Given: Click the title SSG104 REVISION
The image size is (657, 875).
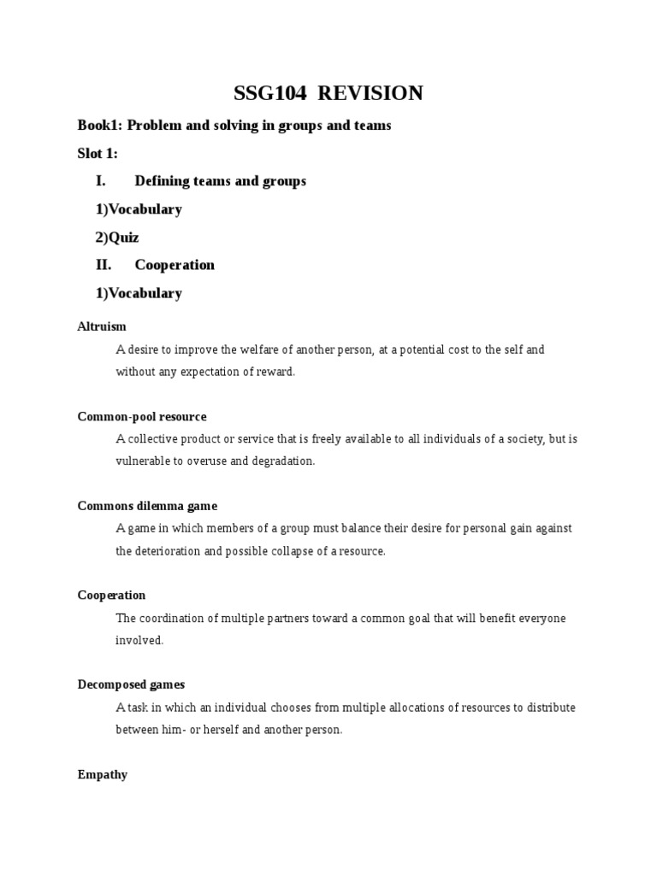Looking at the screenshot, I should (328, 93).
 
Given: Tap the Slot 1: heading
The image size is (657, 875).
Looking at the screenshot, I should (98, 154).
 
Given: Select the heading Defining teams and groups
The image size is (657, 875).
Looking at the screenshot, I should (220, 181).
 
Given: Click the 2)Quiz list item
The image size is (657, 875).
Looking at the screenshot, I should (116, 237).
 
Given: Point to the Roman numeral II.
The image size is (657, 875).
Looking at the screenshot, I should (104, 265).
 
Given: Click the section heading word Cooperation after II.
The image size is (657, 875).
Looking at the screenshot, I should (175, 265).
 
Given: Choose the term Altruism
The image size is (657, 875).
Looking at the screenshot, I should (102, 326).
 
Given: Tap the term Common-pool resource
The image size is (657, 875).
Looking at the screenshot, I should (142, 416).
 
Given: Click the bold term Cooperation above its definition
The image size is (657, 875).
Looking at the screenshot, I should (111, 596).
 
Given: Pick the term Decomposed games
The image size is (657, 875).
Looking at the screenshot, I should (131, 684).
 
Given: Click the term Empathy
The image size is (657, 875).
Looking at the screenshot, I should (103, 774).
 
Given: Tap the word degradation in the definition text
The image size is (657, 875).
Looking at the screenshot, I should (283, 461).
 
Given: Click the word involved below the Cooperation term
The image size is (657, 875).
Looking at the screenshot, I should (139, 640).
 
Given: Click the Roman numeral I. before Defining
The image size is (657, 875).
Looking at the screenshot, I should (101, 181).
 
